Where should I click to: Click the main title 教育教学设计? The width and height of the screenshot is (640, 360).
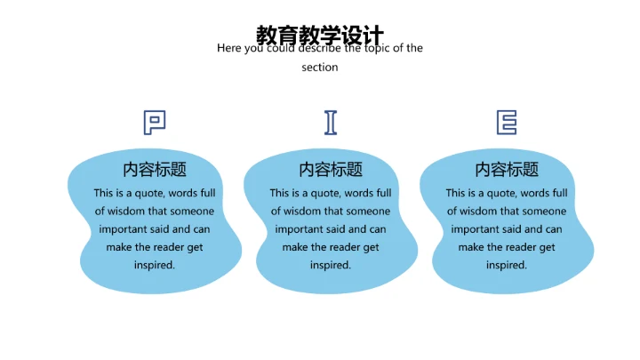[320, 35]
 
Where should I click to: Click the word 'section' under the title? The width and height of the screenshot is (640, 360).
[320, 68]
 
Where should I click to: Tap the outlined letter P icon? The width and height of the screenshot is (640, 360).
[155, 122]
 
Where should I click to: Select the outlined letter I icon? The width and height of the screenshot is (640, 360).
[331, 122]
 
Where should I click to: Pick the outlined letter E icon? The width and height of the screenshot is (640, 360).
[507, 122]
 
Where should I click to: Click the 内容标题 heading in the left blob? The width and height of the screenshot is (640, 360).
[155, 170]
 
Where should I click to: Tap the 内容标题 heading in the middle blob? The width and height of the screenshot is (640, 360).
[331, 170]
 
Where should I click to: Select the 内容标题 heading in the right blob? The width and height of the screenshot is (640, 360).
[507, 170]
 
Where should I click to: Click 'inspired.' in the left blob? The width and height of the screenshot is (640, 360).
[155, 265]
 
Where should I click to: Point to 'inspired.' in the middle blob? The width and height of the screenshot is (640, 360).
[331, 265]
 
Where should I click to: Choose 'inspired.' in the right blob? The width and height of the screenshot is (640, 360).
[507, 265]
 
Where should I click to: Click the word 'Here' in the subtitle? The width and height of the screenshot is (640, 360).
[228, 49]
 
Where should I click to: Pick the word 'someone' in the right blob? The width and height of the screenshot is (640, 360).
[544, 212]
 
